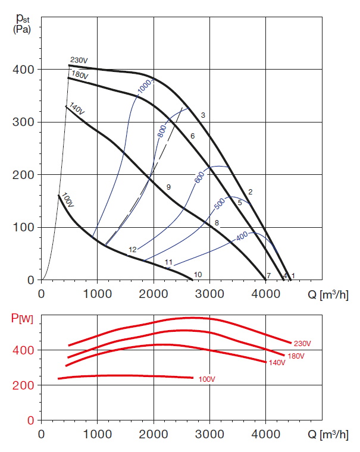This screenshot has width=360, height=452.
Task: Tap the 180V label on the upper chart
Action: click(x=80, y=76)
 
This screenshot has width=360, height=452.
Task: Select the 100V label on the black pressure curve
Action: click(x=67, y=201)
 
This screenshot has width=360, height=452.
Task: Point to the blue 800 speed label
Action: click(x=161, y=131)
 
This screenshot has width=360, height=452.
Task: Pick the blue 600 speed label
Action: click(x=199, y=176)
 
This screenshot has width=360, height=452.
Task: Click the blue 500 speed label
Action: click(x=219, y=203)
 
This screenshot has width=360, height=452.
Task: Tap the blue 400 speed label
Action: click(x=242, y=236)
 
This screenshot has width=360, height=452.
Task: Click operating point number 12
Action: click(x=132, y=250)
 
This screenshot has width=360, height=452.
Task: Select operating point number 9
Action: click(x=168, y=187)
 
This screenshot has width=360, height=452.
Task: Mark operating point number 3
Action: click(x=203, y=115)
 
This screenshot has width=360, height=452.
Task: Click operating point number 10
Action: click(x=198, y=274)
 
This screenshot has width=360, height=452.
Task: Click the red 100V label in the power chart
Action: click(x=206, y=378)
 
